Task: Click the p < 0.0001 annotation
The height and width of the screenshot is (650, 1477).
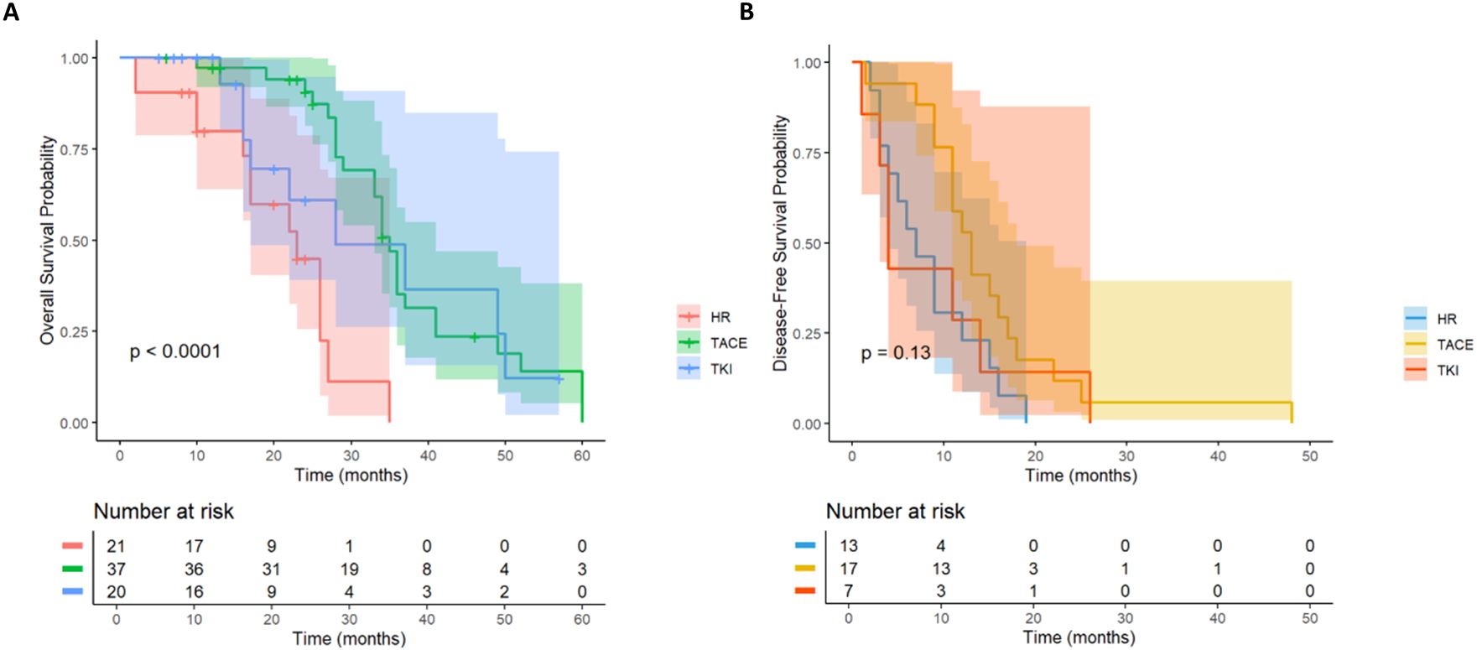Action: click(175, 351)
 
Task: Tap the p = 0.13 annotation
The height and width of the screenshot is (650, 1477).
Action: click(896, 353)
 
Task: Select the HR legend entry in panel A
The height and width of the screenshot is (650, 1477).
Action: click(720, 317)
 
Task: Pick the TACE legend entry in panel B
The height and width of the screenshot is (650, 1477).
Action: click(1454, 345)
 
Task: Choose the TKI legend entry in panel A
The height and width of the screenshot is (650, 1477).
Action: click(720, 368)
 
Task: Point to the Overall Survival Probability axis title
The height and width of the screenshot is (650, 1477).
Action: click(47, 240)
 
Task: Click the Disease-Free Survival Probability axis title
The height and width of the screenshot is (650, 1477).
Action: click(781, 243)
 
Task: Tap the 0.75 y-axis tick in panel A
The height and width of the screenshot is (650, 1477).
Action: click(74, 149)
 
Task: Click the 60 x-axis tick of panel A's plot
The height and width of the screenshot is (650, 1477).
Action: click(581, 456)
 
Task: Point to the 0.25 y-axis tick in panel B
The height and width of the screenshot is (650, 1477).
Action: click(807, 334)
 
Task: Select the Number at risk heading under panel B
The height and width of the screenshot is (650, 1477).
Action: click(895, 512)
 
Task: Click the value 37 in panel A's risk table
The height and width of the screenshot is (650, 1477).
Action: click(116, 569)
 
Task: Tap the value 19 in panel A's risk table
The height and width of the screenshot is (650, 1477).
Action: click(349, 569)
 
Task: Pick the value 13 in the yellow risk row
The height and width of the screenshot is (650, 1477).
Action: click(940, 569)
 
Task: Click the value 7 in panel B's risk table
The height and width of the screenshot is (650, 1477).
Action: click(848, 591)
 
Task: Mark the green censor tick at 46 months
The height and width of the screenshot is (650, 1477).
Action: click(474, 337)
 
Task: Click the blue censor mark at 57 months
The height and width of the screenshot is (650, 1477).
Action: click(559, 379)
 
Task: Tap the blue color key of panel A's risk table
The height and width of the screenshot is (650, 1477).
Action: click(72, 591)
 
